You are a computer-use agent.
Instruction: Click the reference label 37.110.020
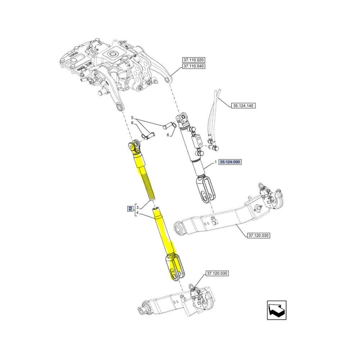194,60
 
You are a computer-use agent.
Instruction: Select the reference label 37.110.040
194,66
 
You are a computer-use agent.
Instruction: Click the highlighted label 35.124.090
230,162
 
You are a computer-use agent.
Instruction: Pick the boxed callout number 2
130,209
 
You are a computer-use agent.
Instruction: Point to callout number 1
216,162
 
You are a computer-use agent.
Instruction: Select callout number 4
137,213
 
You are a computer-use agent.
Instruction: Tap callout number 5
132,118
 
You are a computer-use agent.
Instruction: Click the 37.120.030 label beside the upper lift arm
258,235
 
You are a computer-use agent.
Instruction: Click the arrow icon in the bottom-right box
276,310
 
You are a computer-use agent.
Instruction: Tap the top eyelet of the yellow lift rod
134,147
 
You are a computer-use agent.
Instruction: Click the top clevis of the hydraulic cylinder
183,120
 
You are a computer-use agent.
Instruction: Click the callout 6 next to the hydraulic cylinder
168,135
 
